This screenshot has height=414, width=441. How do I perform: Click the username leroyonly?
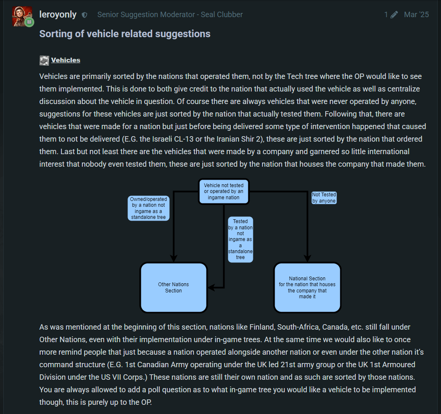click(58, 15)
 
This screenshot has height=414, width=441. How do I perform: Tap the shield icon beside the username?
click(84, 15)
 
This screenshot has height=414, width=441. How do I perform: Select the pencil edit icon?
click(394, 15)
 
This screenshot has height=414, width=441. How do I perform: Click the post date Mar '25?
click(416, 15)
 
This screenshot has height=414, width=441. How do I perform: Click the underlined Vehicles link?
click(66, 60)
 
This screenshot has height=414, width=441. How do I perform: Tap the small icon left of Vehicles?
click(44, 61)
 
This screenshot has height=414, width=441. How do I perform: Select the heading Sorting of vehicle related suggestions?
click(125, 34)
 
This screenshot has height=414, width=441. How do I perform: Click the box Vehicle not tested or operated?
click(224, 191)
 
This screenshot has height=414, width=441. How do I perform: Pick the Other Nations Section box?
click(173, 287)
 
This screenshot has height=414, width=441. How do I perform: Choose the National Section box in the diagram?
click(307, 287)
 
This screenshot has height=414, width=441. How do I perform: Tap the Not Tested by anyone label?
click(324, 198)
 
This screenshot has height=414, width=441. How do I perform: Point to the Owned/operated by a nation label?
click(148, 208)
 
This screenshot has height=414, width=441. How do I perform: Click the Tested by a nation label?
click(240, 239)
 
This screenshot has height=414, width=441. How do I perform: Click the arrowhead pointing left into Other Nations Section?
click(212, 287)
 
